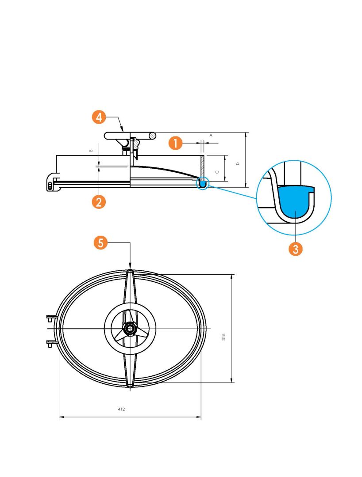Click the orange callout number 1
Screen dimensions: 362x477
pos(176,143)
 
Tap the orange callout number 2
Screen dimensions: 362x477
pos(99,202)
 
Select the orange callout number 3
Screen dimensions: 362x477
pos(295,249)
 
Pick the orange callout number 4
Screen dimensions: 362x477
pos(99,117)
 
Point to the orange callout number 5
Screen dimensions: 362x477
pos(100,243)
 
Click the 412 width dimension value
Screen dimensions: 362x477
pos(121,409)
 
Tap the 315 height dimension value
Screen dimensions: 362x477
pos(223,337)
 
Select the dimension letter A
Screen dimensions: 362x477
pos(211,135)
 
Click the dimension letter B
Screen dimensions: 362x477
pos(91,151)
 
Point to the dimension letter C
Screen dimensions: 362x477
pos(217,172)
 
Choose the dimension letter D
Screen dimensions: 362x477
pos(238,164)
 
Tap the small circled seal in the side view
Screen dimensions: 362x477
pos(202,183)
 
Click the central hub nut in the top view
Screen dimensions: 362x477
pos(131,329)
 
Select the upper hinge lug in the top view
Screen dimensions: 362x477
pos(52,318)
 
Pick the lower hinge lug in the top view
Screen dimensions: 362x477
pos(52,344)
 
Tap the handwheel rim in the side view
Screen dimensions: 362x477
pos(130,136)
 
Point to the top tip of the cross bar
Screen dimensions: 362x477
pos(130,270)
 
